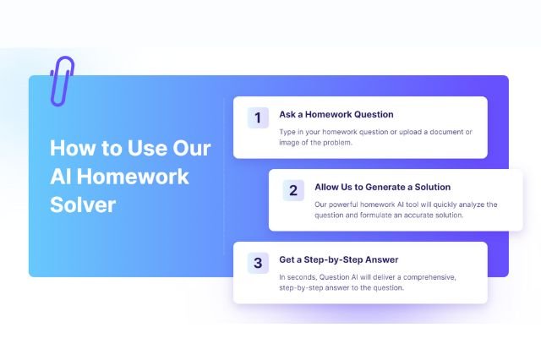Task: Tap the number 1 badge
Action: [258, 117]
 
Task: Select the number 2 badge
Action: [293, 190]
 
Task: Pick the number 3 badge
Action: [258, 263]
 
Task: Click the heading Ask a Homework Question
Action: [336, 114]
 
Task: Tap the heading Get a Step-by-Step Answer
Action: [338, 259]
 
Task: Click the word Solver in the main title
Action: [82, 205]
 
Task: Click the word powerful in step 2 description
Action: [351, 205]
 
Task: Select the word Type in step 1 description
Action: [288, 131]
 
